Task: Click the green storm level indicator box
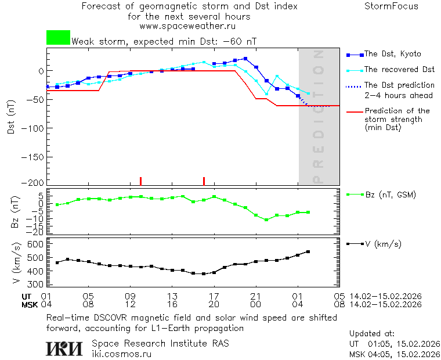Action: pos(58,38)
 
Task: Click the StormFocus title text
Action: pos(391,6)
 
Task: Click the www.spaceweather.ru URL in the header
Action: pos(187,26)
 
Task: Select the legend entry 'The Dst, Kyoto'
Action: pos(392,54)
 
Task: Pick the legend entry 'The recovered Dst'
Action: pos(399,69)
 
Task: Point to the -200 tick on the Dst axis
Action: pos(34,182)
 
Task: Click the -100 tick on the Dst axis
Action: pos(34,127)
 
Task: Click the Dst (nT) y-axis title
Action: pos(11,117)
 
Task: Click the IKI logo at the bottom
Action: pos(66,348)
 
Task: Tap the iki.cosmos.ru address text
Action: pos(121,353)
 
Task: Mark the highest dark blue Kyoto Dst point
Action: pos(245,59)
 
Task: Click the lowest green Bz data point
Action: pos(266,220)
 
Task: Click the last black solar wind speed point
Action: pos(308,251)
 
